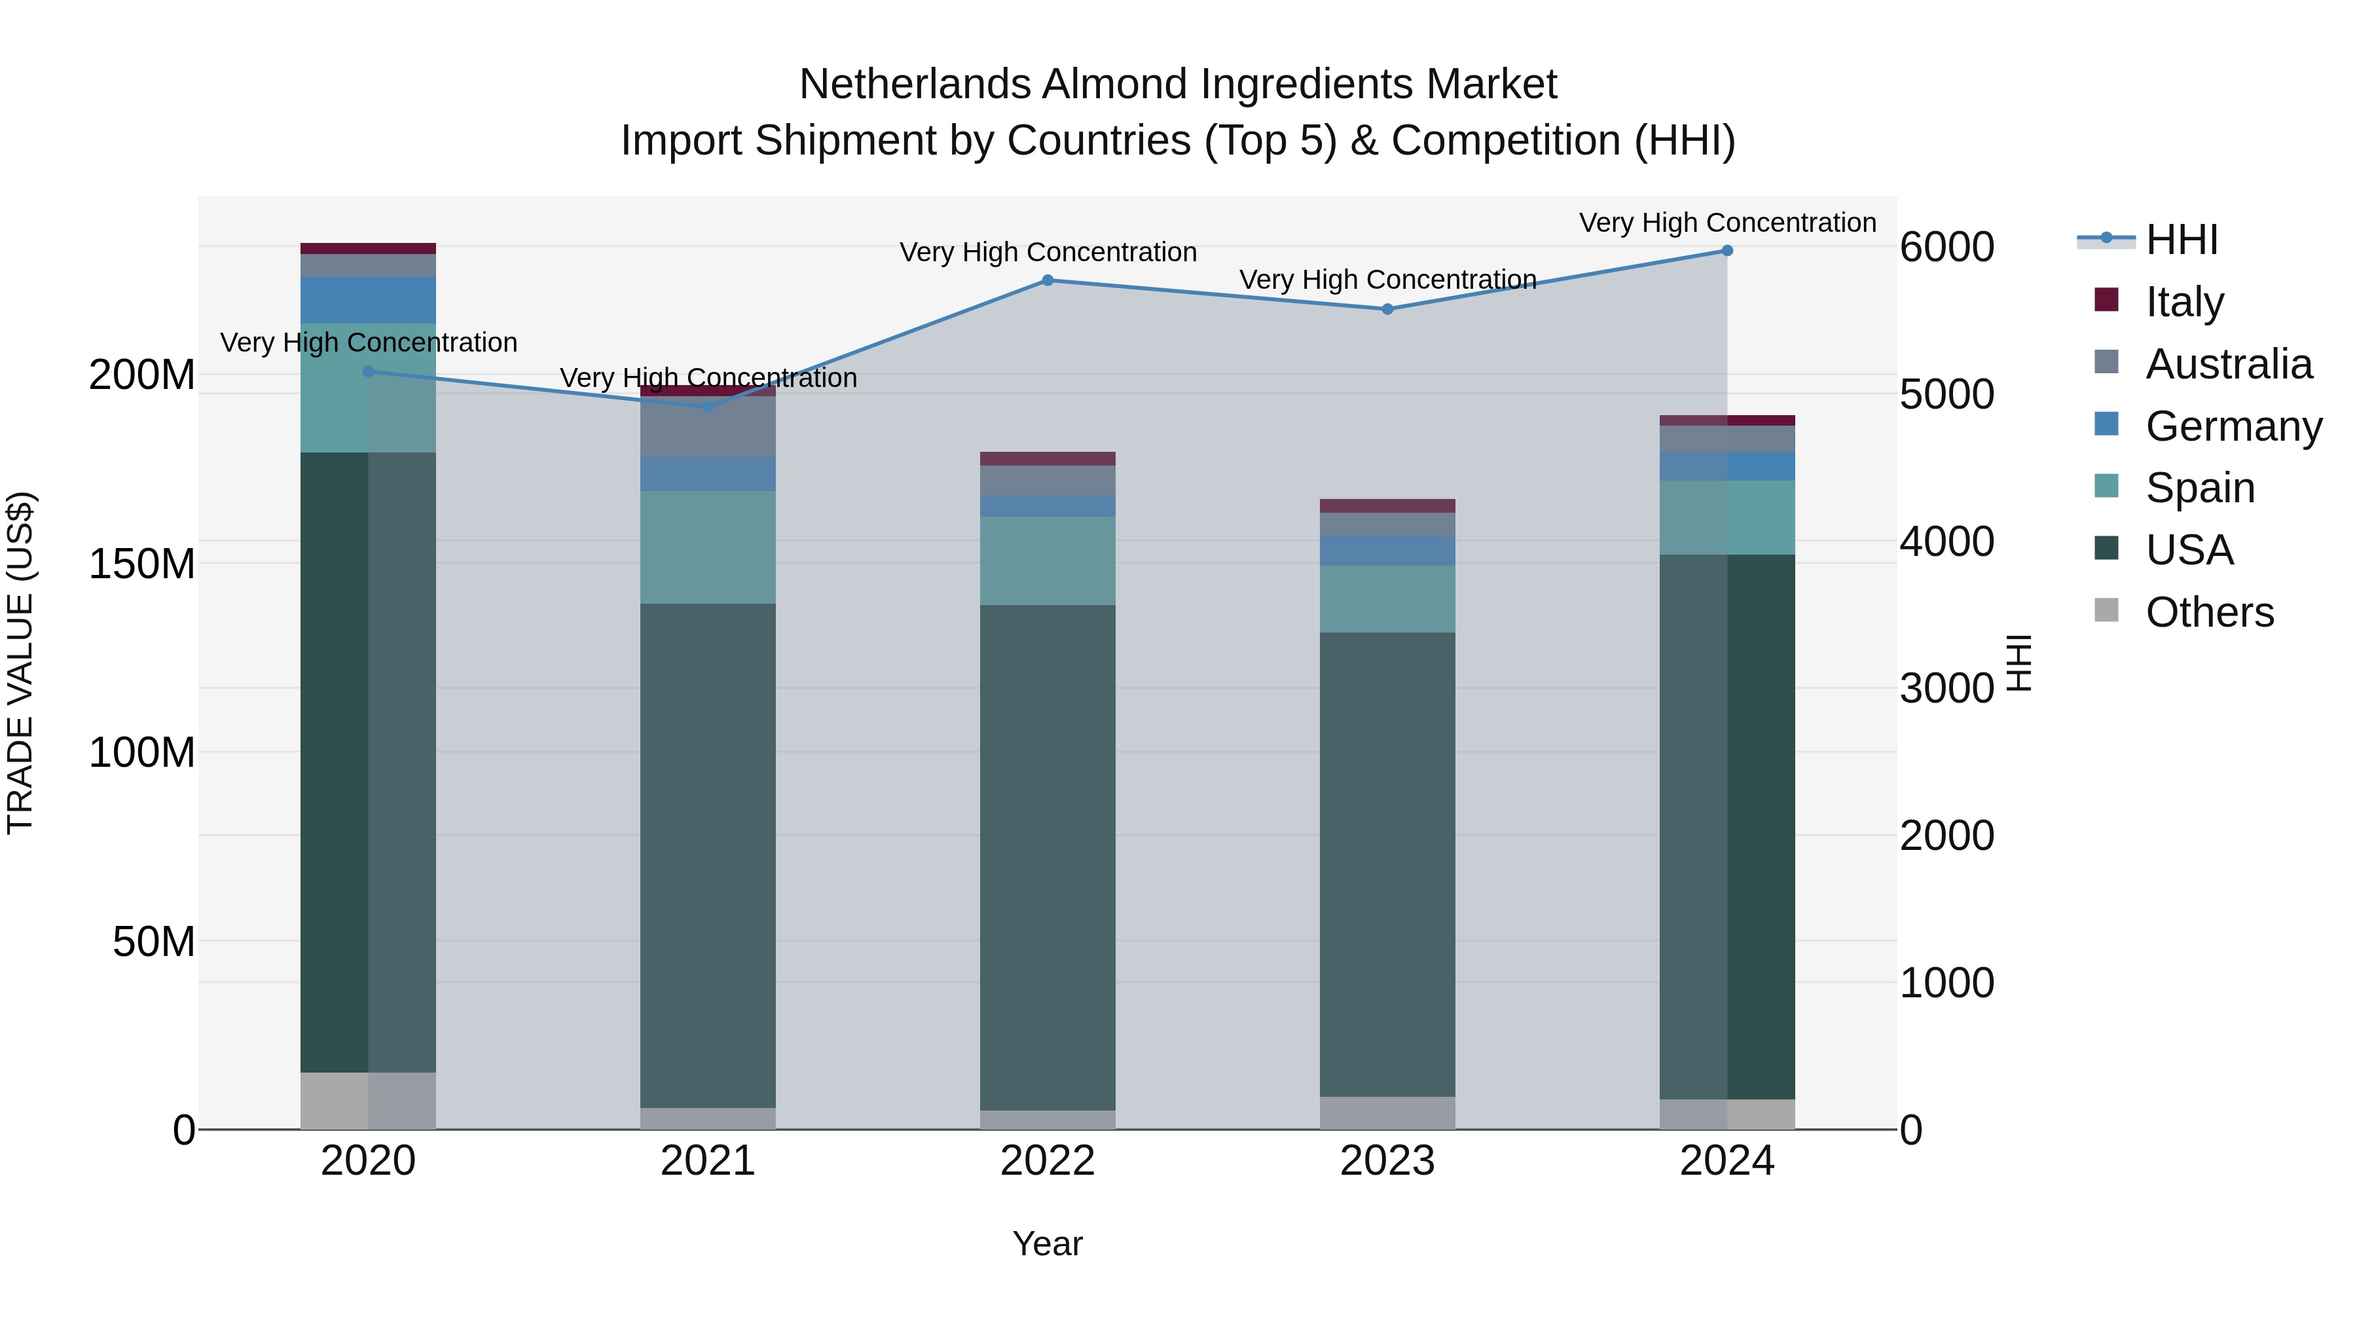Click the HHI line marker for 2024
click(1727, 251)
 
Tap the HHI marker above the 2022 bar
click(1048, 280)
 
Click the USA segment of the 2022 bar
click(1048, 856)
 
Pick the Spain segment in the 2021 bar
click(708, 547)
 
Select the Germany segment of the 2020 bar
click(368, 300)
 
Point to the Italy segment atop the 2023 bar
click(1387, 506)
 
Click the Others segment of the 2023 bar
click(1387, 1113)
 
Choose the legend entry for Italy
click(2184, 302)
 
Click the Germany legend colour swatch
click(2106, 424)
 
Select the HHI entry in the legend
click(2182, 240)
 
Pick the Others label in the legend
click(2209, 612)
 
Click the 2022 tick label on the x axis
click(1048, 1161)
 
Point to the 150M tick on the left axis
click(142, 564)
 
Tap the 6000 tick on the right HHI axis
click(1946, 247)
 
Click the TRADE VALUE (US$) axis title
click(20, 663)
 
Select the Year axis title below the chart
click(1048, 1243)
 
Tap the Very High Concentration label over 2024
click(1727, 223)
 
